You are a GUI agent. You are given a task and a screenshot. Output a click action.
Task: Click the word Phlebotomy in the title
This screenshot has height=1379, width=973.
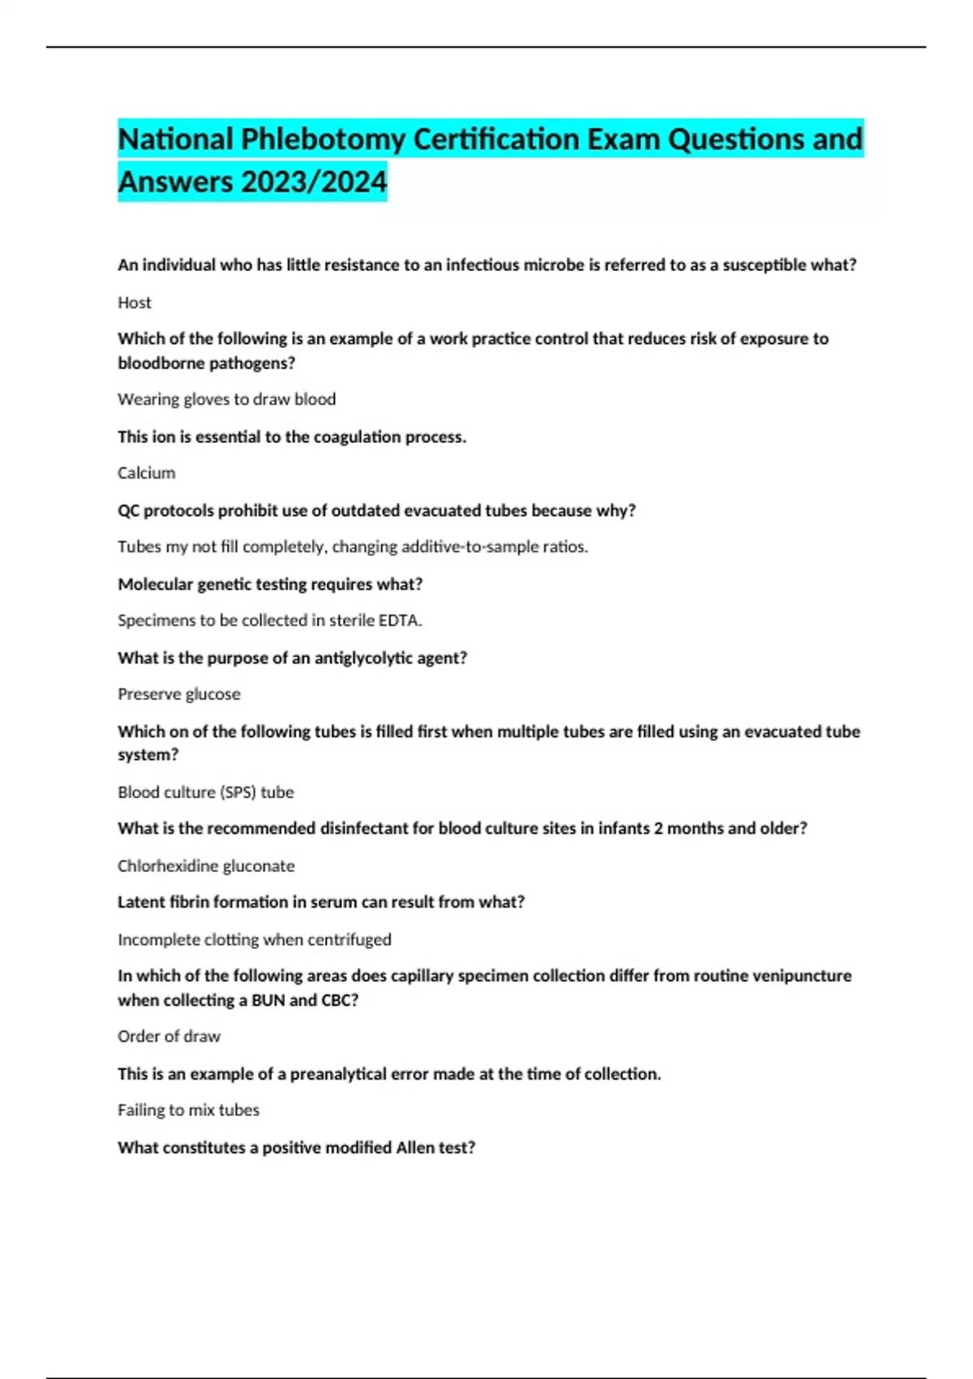pyautogui.click(x=323, y=140)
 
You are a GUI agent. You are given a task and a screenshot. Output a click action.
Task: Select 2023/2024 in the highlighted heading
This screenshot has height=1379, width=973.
pyautogui.click(x=314, y=182)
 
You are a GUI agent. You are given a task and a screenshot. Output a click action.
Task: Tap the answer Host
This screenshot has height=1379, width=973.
pyautogui.click(x=135, y=303)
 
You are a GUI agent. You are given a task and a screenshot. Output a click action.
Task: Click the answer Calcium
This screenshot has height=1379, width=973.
pyautogui.click(x=146, y=473)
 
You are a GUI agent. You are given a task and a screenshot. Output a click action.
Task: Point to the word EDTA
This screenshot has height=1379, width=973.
pyautogui.click(x=401, y=621)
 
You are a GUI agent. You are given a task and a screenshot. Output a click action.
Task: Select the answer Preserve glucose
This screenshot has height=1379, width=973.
pyautogui.click(x=179, y=694)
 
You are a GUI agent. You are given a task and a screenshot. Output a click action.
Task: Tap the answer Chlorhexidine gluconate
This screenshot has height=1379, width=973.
pyautogui.click(x=206, y=866)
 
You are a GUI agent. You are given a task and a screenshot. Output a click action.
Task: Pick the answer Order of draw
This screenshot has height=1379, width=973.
pyautogui.click(x=169, y=1037)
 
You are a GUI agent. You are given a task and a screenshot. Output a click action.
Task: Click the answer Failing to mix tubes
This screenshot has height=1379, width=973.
pyautogui.click(x=188, y=1111)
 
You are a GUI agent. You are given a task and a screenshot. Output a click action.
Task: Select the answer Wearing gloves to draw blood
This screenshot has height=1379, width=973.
pyautogui.click(x=226, y=400)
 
